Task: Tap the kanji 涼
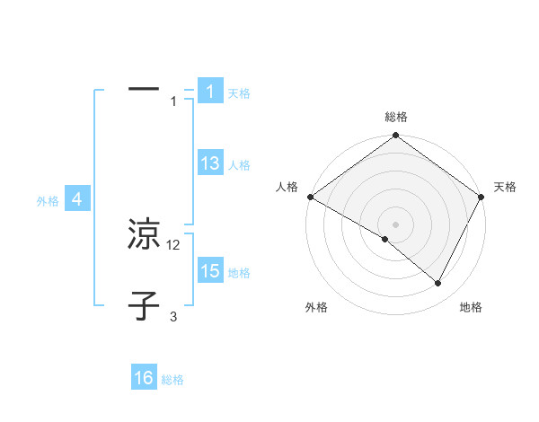click(144, 235)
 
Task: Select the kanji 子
click(144, 307)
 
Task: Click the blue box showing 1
click(209, 91)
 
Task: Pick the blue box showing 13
click(210, 163)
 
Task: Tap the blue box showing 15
click(210, 271)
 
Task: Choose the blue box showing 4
click(77, 199)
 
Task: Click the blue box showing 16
click(144, 378)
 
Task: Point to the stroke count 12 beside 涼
click(173, 245)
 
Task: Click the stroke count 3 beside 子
click(173, 317)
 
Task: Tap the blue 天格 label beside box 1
click(239, 92)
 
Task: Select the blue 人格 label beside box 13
click(239, 165)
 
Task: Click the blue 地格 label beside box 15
click(239, 273)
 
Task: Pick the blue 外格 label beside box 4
click(48, 201)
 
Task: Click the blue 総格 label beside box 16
click(172, 380)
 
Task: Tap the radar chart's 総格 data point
click(395, 136)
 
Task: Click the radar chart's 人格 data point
click(309, 197)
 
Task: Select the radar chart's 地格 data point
click(438, 284)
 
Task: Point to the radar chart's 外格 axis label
click(316, 308)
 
